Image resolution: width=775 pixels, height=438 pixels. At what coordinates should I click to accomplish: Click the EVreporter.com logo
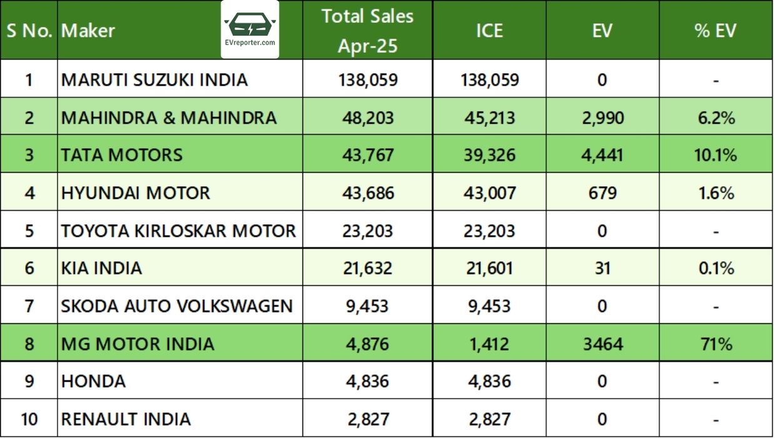tap(250, 29)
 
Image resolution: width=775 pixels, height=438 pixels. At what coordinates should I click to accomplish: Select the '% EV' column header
tap(715, 31)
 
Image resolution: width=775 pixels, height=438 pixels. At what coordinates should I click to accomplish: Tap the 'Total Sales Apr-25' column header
tap(367, 31)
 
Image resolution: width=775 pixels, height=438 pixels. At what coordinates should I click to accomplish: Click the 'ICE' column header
tap(489, 31)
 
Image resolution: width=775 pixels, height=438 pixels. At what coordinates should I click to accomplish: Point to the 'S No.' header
tap(29, 31)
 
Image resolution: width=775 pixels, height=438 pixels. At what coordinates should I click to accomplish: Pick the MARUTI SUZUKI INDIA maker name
tap(154, 80)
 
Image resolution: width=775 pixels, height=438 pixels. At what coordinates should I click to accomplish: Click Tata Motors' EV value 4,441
tap(602, 155)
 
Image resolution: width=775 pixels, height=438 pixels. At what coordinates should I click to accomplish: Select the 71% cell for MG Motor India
tap(716, 344)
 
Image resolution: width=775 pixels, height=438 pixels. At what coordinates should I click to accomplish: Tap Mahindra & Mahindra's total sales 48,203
tap(367, 117)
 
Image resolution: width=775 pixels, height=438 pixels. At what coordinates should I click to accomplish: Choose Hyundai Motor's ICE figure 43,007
tap(489, 193)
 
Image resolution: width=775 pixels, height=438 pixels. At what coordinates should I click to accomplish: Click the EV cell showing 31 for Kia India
tap(602, 268)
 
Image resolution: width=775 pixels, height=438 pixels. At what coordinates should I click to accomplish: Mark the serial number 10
tap(29, 419)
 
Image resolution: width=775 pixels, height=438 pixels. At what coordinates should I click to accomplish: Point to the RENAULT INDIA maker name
tap(126, 419)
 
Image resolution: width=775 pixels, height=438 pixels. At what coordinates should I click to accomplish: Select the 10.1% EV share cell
tap(716, 155)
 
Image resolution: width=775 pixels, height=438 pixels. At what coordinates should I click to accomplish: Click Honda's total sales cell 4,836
tap(367, 381)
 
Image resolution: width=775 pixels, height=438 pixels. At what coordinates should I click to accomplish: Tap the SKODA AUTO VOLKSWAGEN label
tap(176, 306)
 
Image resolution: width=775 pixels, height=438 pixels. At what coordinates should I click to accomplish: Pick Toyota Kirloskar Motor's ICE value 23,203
tap(489, 231)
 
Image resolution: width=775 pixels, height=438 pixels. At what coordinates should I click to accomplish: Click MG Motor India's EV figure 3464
tap(602, 344)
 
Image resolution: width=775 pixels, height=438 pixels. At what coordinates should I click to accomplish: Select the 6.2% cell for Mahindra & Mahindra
tap(716, 117)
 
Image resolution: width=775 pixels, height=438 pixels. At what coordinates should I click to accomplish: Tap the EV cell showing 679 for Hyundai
tap(602, 193)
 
